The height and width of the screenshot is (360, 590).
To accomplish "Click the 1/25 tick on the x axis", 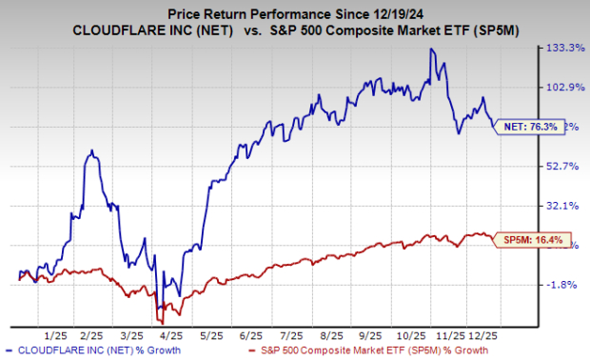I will point(55,336).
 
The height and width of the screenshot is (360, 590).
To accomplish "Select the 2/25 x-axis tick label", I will point(92,336).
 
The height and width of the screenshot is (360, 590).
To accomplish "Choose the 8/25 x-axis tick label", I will point(332,336).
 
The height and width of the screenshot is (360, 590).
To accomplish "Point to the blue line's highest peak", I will point(433,49).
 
